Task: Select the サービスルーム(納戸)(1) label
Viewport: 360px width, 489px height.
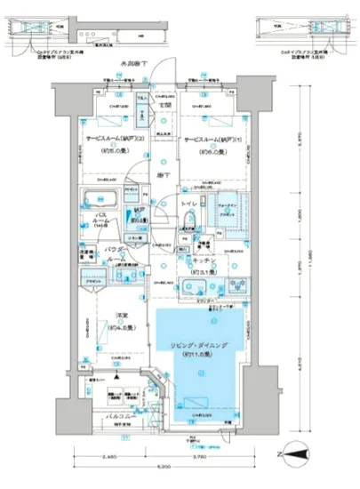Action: coord(211,140)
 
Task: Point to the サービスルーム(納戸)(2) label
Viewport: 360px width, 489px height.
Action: coord(113,140)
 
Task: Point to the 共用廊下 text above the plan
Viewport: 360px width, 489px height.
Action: coord(135,66)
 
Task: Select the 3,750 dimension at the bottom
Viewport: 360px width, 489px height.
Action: coord(194,457)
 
